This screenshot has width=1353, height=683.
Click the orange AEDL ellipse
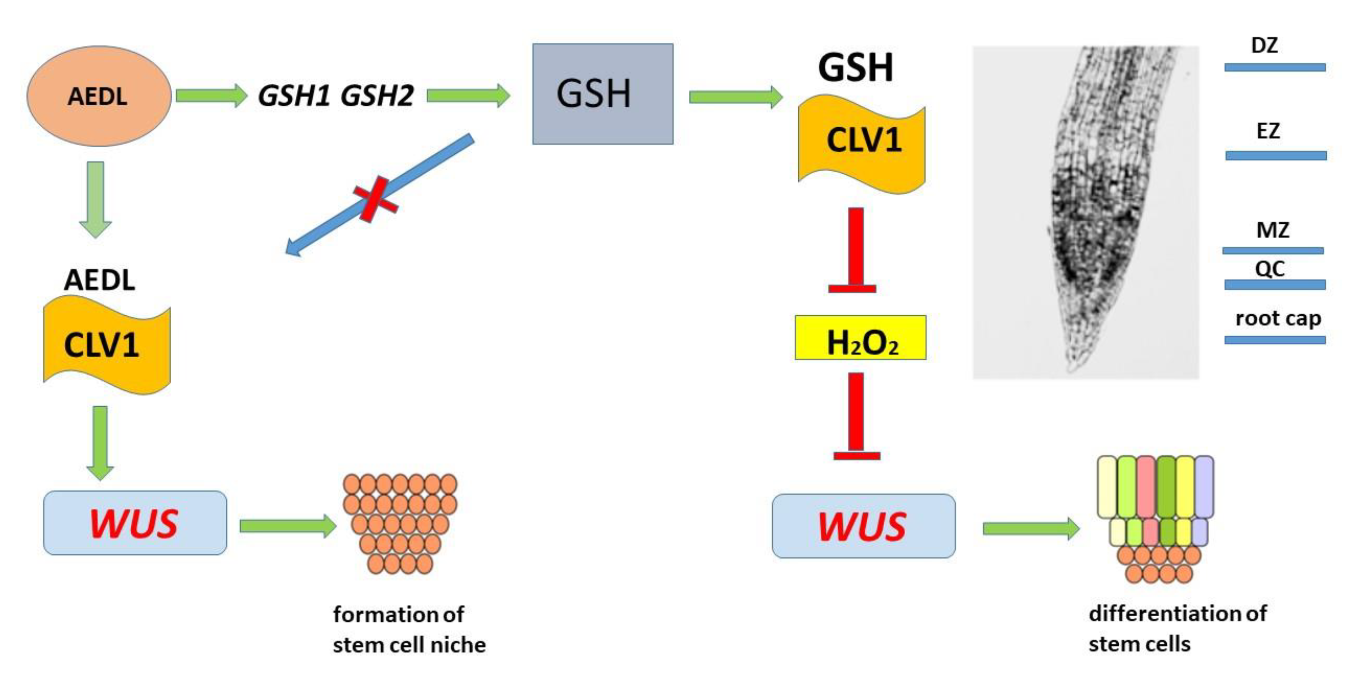click(x=99, y=96)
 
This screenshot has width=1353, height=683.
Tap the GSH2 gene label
click(x=377, y=96)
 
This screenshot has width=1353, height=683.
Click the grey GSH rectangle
click(x=602, y=94)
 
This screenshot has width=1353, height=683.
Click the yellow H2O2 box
click(x=860, y=338)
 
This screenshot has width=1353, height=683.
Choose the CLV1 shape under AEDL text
click(x=107, y=345)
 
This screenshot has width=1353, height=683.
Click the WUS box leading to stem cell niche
click(x=135, y=523)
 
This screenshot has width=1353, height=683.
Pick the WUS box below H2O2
click(x=863, y=525)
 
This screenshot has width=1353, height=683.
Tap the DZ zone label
click(x=1264, y=46)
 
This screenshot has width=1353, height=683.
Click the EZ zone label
click(x=1268, y=131)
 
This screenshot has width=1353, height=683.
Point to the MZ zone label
click(x=1272, y=230)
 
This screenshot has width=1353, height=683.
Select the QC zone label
click(x=1270, y=269)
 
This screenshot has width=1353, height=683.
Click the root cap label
click(x=1278, y=318)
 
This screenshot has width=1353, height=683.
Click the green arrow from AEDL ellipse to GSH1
click(x=211, y=96)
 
